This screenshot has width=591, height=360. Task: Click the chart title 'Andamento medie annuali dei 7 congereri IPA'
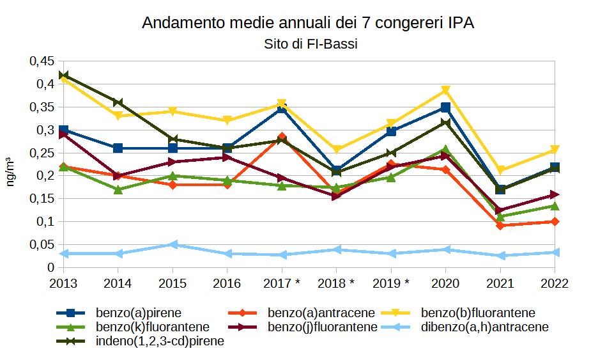coord(308,24)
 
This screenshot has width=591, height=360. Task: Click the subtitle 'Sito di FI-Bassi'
coord(308,44)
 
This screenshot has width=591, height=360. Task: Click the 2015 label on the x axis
coord(173,282)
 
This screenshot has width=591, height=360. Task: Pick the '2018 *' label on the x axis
coord(336,282)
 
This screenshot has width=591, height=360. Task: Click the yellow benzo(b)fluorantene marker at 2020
coord(446,90)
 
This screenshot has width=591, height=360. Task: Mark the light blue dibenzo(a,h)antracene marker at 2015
coord(173,244)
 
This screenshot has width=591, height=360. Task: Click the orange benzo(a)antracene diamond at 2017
coord(282,137)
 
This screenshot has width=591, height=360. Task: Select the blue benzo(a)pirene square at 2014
coord(118,148)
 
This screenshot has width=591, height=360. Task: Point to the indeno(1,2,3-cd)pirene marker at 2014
coord(118,102)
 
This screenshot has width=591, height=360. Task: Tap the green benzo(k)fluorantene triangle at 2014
coord(118,189)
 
